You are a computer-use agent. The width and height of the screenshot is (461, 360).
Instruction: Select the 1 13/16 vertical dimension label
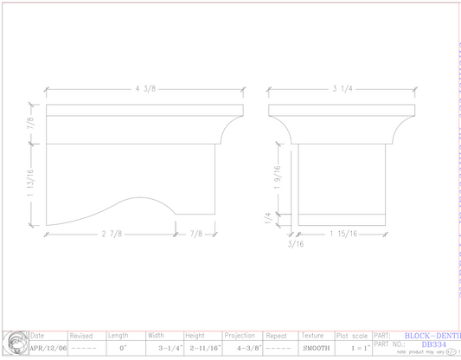[32, 184]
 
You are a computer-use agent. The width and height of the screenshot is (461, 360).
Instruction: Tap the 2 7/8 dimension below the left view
[110, 234]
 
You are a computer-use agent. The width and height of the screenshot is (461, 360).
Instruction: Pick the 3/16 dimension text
[296, 244]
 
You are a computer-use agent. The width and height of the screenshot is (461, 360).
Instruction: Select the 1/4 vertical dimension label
[270, 219]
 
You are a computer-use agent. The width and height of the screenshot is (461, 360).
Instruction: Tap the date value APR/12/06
[48, 348]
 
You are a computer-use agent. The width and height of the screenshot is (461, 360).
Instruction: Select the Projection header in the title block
[240, 336]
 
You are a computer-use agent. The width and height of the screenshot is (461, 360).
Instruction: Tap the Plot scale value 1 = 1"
[354, 348]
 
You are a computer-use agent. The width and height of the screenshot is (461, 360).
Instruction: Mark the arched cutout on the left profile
[140, 205]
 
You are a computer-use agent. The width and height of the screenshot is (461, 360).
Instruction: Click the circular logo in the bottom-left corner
[15, 344]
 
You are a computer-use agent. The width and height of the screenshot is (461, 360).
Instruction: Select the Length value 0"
[123, 348]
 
